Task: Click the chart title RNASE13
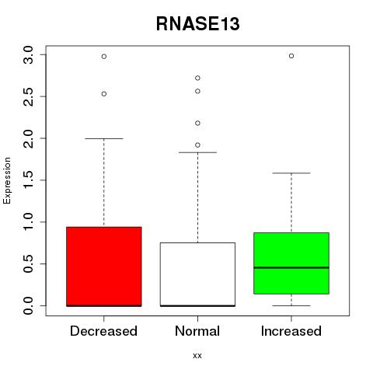point(197,24)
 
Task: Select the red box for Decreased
point(104,267)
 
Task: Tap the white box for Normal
point(197,274)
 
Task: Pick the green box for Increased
point(291,263)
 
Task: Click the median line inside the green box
point(291,267)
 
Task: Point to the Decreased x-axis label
point(103,331)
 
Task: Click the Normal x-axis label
point(197,331)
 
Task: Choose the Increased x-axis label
point(291,331)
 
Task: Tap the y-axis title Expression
point(7,180)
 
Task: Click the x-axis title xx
point(197,355)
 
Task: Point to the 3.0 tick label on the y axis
point(28,55)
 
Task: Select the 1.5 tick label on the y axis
point(28,180)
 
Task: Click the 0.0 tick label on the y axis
point(28,305)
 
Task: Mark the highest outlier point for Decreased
point(104,57)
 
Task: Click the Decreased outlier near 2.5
point(104,94)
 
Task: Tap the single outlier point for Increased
point(291,56)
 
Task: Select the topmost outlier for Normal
point(197,78)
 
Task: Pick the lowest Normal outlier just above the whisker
point(197,145)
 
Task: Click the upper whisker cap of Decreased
point(104,138)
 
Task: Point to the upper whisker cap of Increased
point(291,173)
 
